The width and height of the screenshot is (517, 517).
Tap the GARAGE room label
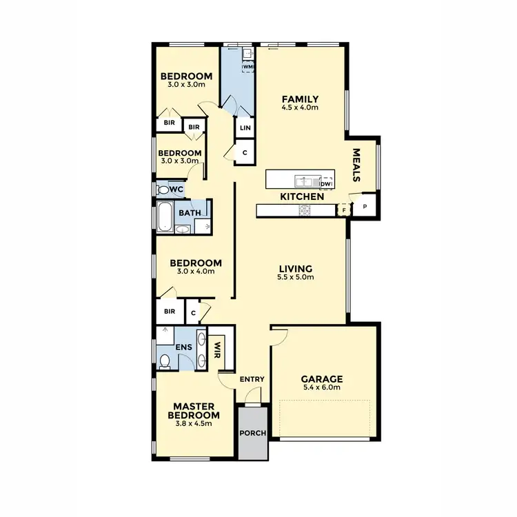[322, 378]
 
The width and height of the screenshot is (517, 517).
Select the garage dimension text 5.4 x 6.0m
[322, 387]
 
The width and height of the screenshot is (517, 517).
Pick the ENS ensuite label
[183, 348]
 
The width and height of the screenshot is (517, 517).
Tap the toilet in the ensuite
[165, 360]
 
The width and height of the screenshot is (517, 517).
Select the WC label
[176, 189]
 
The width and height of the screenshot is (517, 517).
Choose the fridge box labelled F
[343, 210]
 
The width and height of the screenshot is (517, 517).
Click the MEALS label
[357, 165]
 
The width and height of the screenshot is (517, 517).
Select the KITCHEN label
[302, 197]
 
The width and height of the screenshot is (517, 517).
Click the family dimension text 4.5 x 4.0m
[301, 108]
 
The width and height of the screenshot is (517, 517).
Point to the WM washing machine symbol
[247, 66]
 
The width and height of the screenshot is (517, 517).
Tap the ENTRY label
[252, 379]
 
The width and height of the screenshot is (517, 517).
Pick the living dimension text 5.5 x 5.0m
[296, 277]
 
